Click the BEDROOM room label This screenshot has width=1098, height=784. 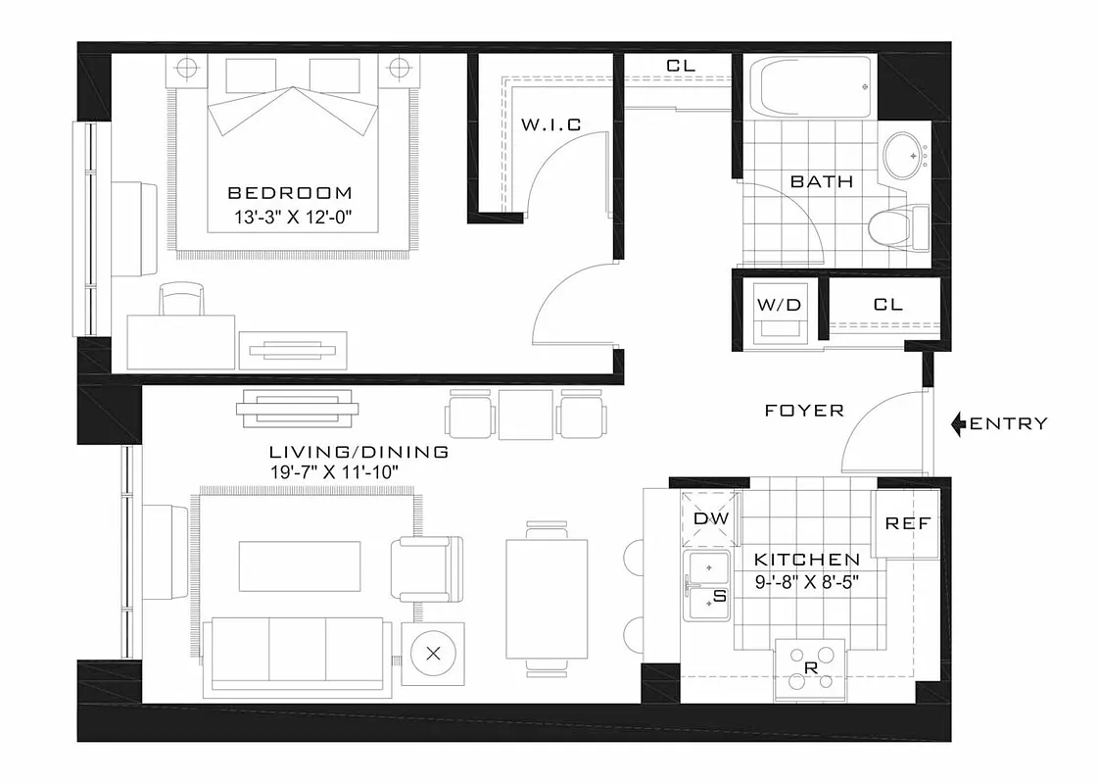point(289,193)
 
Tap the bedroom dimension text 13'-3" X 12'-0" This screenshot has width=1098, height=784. point(290,219)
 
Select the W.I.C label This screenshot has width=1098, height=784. point(550,124)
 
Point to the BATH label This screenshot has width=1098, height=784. point(821,181)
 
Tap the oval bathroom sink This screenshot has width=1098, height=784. point(906,155)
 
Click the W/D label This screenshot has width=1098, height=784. point(779,305)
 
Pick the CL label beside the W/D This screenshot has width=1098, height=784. point(887,305)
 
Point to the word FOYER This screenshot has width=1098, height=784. point(804,411)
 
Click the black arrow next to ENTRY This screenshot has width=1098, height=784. point(960,423)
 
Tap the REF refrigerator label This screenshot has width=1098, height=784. point(907,523)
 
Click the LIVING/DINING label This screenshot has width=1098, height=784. point(358,452)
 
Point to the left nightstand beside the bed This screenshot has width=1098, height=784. point(186,68)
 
